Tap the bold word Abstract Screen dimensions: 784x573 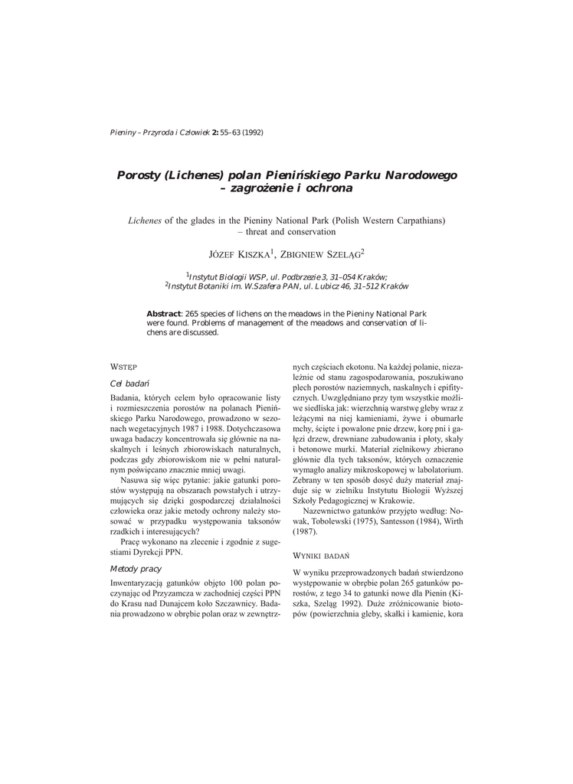coord(163,314)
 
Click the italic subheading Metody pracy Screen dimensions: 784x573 coord(136,569)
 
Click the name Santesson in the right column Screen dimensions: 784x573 coord(386,521)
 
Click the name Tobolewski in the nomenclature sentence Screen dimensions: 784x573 coord(329,521)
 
